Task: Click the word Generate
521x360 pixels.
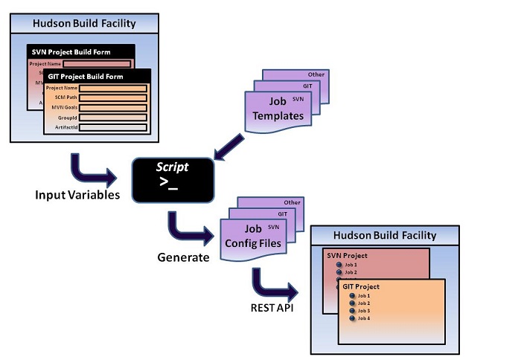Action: pos(182,258)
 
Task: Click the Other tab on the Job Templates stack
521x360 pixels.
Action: pos(316,74)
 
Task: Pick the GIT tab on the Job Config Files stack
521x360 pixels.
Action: pos(282,213)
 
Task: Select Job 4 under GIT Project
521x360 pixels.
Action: pos(363,318)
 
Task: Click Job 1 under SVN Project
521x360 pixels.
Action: pos(350,265)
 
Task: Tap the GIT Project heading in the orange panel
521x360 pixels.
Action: pos(362,286)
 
